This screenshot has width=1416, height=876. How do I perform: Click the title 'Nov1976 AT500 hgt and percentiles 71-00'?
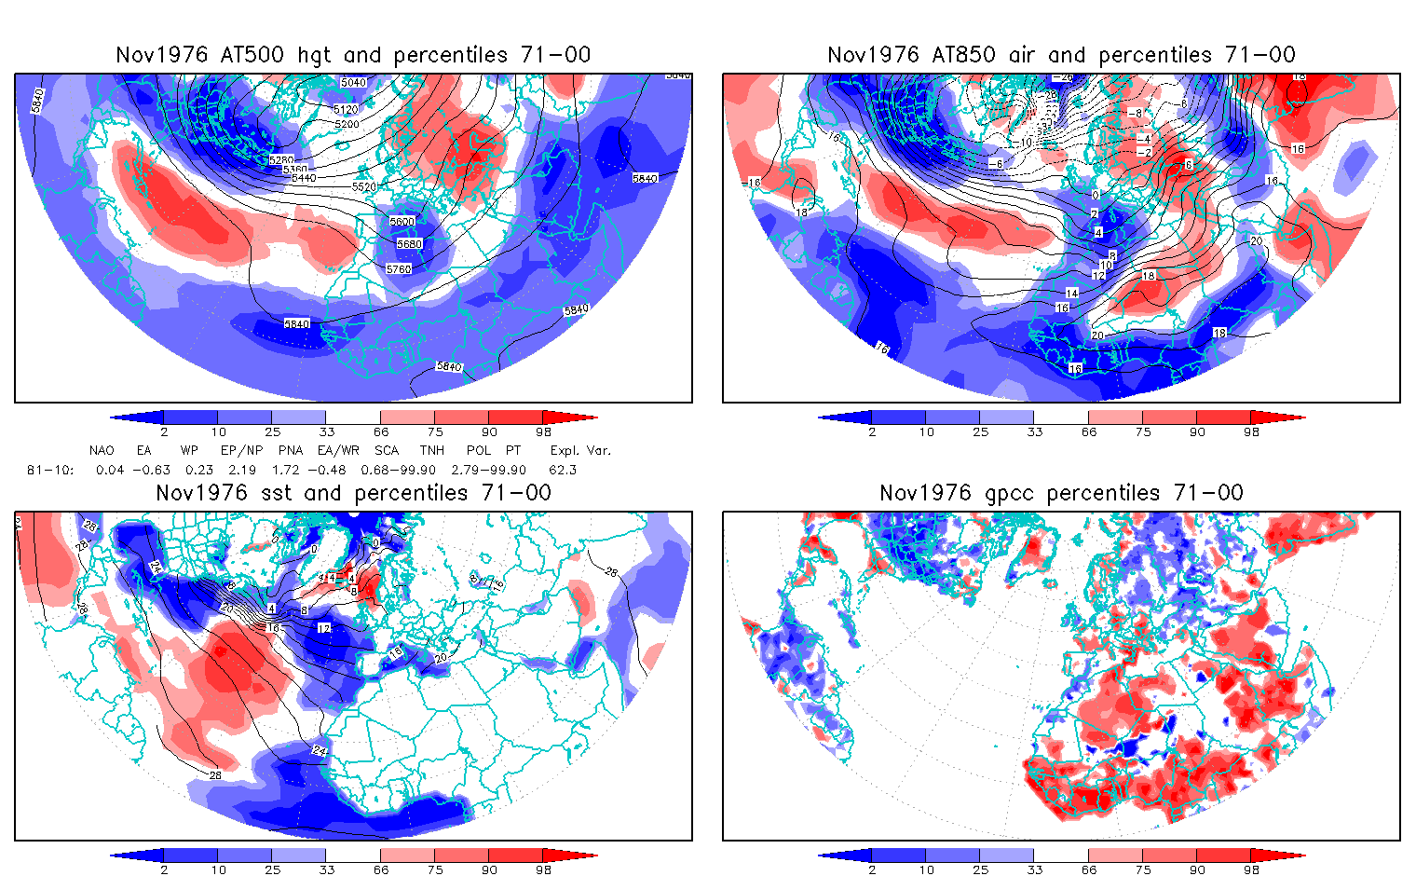[x=353, y=55]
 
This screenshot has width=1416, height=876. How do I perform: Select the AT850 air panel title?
[x=1061, y=55]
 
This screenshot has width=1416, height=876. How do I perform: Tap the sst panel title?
[x=353, y=493]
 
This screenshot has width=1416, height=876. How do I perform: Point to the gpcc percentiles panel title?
[x=1061, y=493]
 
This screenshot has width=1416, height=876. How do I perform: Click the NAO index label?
[x=102, y=450]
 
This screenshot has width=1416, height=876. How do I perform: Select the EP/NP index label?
[x=240, y=450]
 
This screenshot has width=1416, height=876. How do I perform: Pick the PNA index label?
[x=290, y=450]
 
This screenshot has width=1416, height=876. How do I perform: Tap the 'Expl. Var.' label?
[x=580, y=450]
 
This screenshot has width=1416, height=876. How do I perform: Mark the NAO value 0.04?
[x=110, y=470]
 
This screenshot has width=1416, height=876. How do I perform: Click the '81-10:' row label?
[x=45, y=470]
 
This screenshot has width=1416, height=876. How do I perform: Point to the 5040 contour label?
[x=353, y=83]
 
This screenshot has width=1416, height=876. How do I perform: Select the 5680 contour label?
[x=409, y=244]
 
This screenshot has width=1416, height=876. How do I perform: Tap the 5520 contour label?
[x=364, y=187]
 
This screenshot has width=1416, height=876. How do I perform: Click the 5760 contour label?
[x=398, y=269]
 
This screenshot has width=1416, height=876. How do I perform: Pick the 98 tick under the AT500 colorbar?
[x=543, y=432]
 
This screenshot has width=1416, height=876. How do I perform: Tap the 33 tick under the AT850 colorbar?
[x=1034, y=432]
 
